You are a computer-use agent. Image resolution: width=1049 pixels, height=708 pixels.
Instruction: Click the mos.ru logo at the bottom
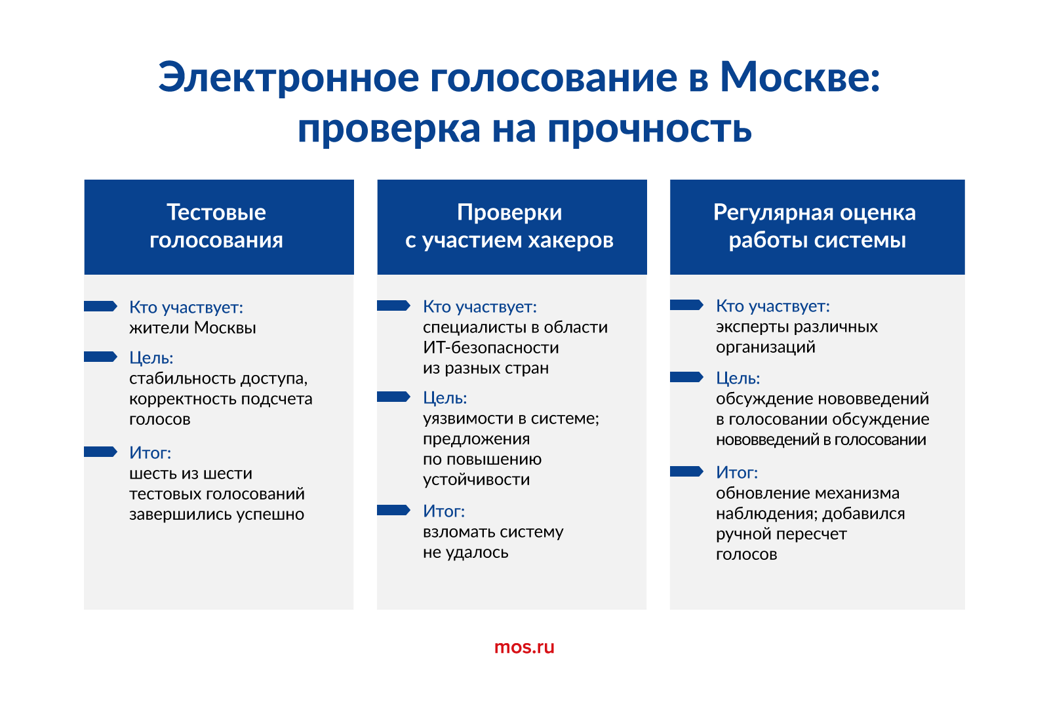(524, 646)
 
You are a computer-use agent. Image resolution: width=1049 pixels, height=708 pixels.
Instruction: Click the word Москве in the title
(800, 77)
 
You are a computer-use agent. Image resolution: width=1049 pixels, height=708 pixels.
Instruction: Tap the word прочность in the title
(650, 129)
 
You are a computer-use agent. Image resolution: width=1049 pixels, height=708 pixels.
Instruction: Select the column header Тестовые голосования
(216, 226)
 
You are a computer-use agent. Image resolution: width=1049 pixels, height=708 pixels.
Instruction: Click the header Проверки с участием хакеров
(509, 226)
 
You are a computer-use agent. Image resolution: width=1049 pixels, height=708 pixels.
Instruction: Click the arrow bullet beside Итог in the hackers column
(393, 510)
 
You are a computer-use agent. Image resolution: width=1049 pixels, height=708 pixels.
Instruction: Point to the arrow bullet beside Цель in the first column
(100, 357)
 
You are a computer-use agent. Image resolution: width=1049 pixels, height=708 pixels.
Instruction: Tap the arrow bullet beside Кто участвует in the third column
(686, 305)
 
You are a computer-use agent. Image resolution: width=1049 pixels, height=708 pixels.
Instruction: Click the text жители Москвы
(193, 328)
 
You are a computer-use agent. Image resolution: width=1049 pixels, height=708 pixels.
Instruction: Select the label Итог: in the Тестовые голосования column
(150, 453)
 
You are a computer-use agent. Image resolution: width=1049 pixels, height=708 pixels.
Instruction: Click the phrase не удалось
(465, 553)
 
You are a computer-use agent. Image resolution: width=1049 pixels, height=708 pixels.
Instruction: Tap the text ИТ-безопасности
(491, 348)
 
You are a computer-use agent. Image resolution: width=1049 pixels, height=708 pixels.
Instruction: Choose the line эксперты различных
(797, 327)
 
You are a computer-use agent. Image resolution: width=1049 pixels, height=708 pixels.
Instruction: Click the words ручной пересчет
(781, 534)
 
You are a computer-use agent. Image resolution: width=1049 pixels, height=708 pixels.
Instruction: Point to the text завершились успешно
(217, 515)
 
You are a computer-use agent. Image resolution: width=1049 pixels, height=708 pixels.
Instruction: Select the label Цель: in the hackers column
(445, 398)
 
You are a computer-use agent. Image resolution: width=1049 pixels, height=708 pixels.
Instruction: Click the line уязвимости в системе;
(511, 419)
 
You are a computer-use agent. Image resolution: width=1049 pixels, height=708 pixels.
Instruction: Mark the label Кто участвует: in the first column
(186, 307)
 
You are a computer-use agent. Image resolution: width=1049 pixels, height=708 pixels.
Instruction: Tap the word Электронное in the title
(288, 78)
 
